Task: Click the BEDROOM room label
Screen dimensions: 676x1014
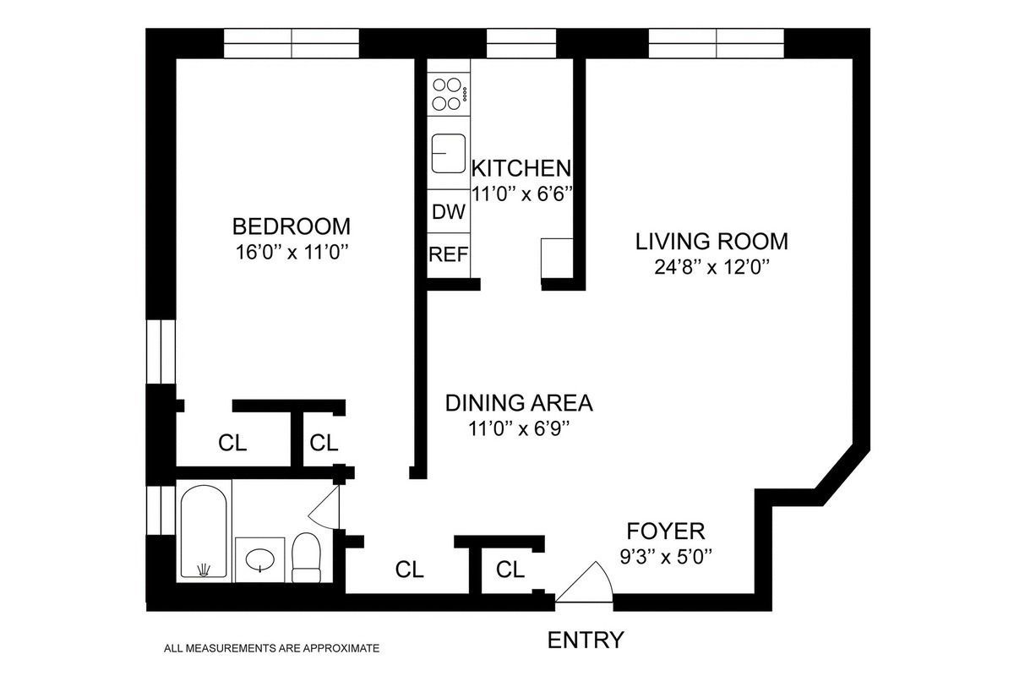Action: [291, 226]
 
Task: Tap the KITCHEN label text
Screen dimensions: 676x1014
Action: [521, 167]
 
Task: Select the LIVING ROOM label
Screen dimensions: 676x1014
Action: [711, 242]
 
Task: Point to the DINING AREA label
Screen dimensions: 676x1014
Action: [519, 403]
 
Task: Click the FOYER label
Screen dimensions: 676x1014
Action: [665, 532]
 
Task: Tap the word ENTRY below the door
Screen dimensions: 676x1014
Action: [586, 640]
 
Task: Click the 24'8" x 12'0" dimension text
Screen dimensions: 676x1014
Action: [711, 268]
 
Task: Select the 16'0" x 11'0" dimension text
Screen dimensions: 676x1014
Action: [291, 252]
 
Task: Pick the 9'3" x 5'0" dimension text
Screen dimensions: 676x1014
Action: [665, 557]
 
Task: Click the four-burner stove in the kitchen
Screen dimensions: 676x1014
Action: [448, 94]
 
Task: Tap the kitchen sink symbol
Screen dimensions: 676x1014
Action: [448, 153]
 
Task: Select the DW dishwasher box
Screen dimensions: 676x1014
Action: [448, 212]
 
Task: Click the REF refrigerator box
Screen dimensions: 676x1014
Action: [448, 254]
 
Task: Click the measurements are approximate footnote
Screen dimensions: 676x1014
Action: [271, 649]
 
